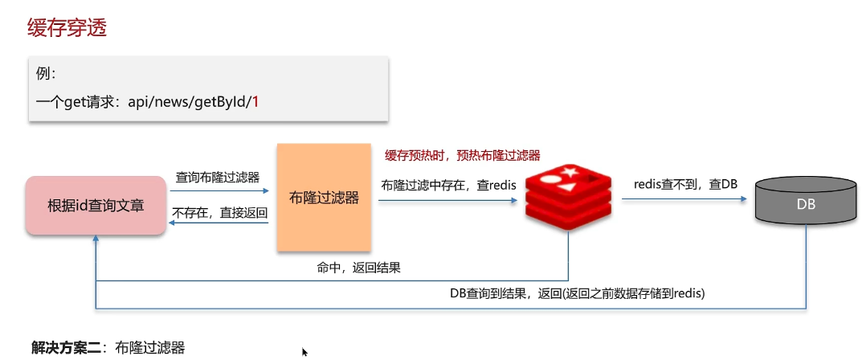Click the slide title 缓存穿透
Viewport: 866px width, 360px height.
(x=67, y=27)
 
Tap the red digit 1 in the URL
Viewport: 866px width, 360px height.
(x=255, y=102)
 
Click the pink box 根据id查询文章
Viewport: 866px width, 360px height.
(x=96, y=206)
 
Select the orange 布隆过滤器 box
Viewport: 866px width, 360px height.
(x=324, y=197)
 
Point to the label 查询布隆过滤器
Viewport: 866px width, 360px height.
(x=218, y=178)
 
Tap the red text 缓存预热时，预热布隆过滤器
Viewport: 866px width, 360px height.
(x=462, y=155)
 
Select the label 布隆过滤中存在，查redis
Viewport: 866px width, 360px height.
(x=448, y=186)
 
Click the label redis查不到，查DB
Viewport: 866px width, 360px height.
(x=684, y=184)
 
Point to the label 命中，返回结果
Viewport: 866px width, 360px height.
(x=359, y=268)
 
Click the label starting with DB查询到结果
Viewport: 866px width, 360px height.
(x=577, y=294)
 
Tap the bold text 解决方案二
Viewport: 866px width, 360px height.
(x=66, y=348)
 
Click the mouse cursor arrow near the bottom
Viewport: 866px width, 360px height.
(x=304, y=352)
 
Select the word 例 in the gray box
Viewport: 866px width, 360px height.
(x=42, y=75)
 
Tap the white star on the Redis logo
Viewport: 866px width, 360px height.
(x=568, y=173)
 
